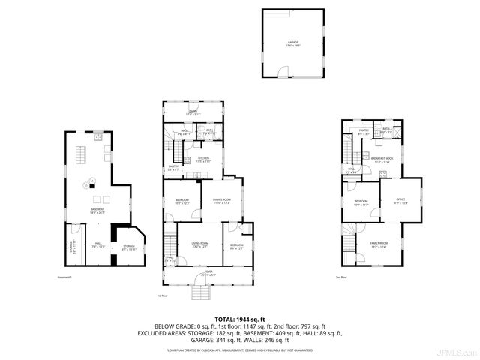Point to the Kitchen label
204,159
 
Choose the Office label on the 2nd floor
401,199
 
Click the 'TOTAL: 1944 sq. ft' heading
240,319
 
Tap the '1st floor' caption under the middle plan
162,295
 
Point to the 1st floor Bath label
210,131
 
